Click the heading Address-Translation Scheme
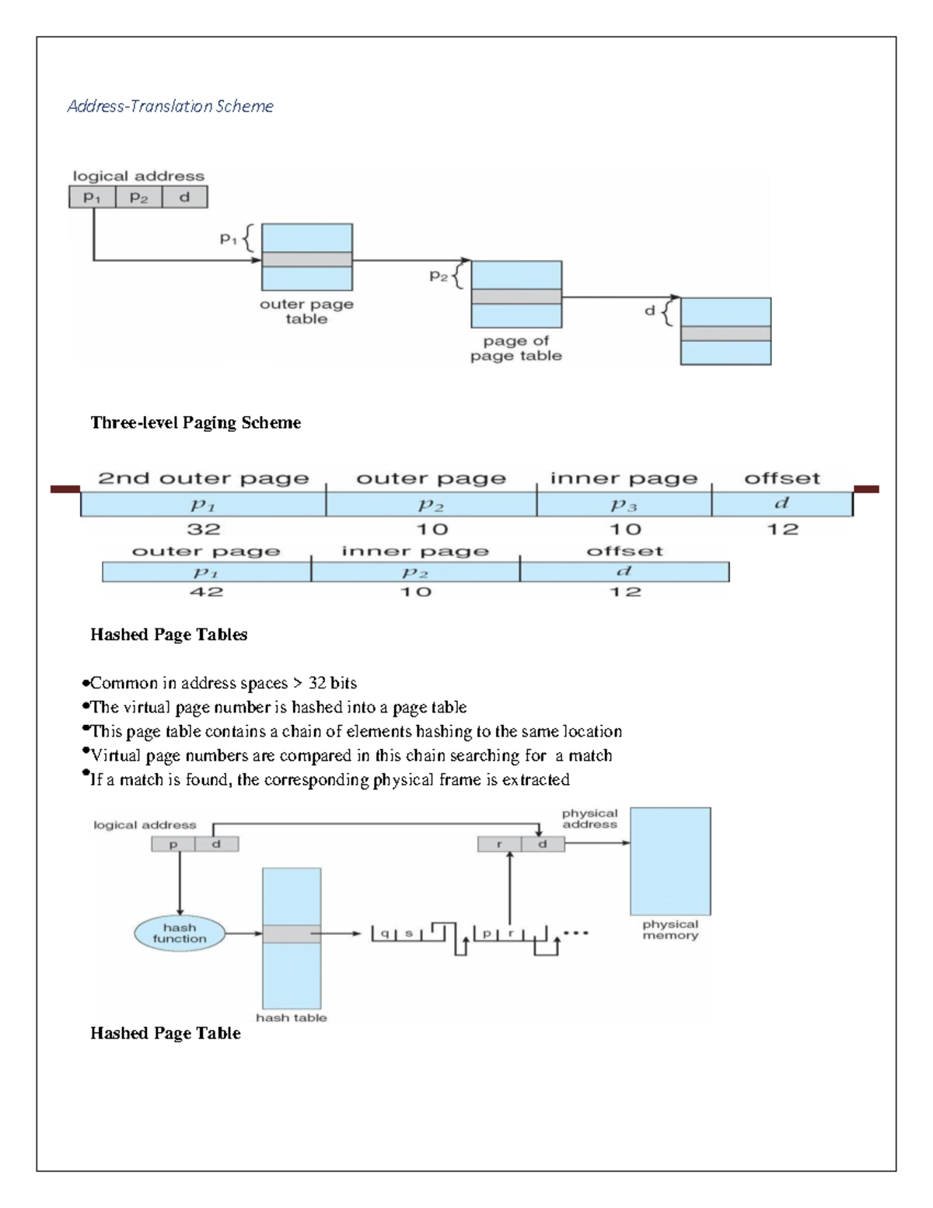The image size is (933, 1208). [x=170, y=106]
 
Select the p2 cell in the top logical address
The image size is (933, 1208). [x=138, y=198]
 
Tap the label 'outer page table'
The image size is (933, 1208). [x=306, y=311]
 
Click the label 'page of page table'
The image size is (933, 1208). [x=515, y=348]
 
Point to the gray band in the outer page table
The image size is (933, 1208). [x=306, y=260]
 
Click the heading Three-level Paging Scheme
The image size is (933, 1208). [x=195, y=422]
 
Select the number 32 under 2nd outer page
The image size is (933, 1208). [x=204, y=529]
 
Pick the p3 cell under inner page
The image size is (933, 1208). [x=624, y=505]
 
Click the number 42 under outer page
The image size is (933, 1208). [x=206, y=592]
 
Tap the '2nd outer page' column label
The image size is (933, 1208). [x=204, y=478]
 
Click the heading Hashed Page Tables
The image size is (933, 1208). [x=169, y=635]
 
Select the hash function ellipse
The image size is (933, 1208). [x=180, y=933]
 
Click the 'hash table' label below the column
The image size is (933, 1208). [x=292, y=1017]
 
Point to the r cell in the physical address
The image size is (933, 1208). [x=498, y=844]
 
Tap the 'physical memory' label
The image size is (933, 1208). [x=669, y=930]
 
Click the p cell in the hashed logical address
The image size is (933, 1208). [x=173, y=844]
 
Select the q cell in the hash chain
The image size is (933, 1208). [x=385, y=933]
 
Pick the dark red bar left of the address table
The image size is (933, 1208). [x=65, y=489]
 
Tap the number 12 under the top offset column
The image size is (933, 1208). [x=782, y=529]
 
